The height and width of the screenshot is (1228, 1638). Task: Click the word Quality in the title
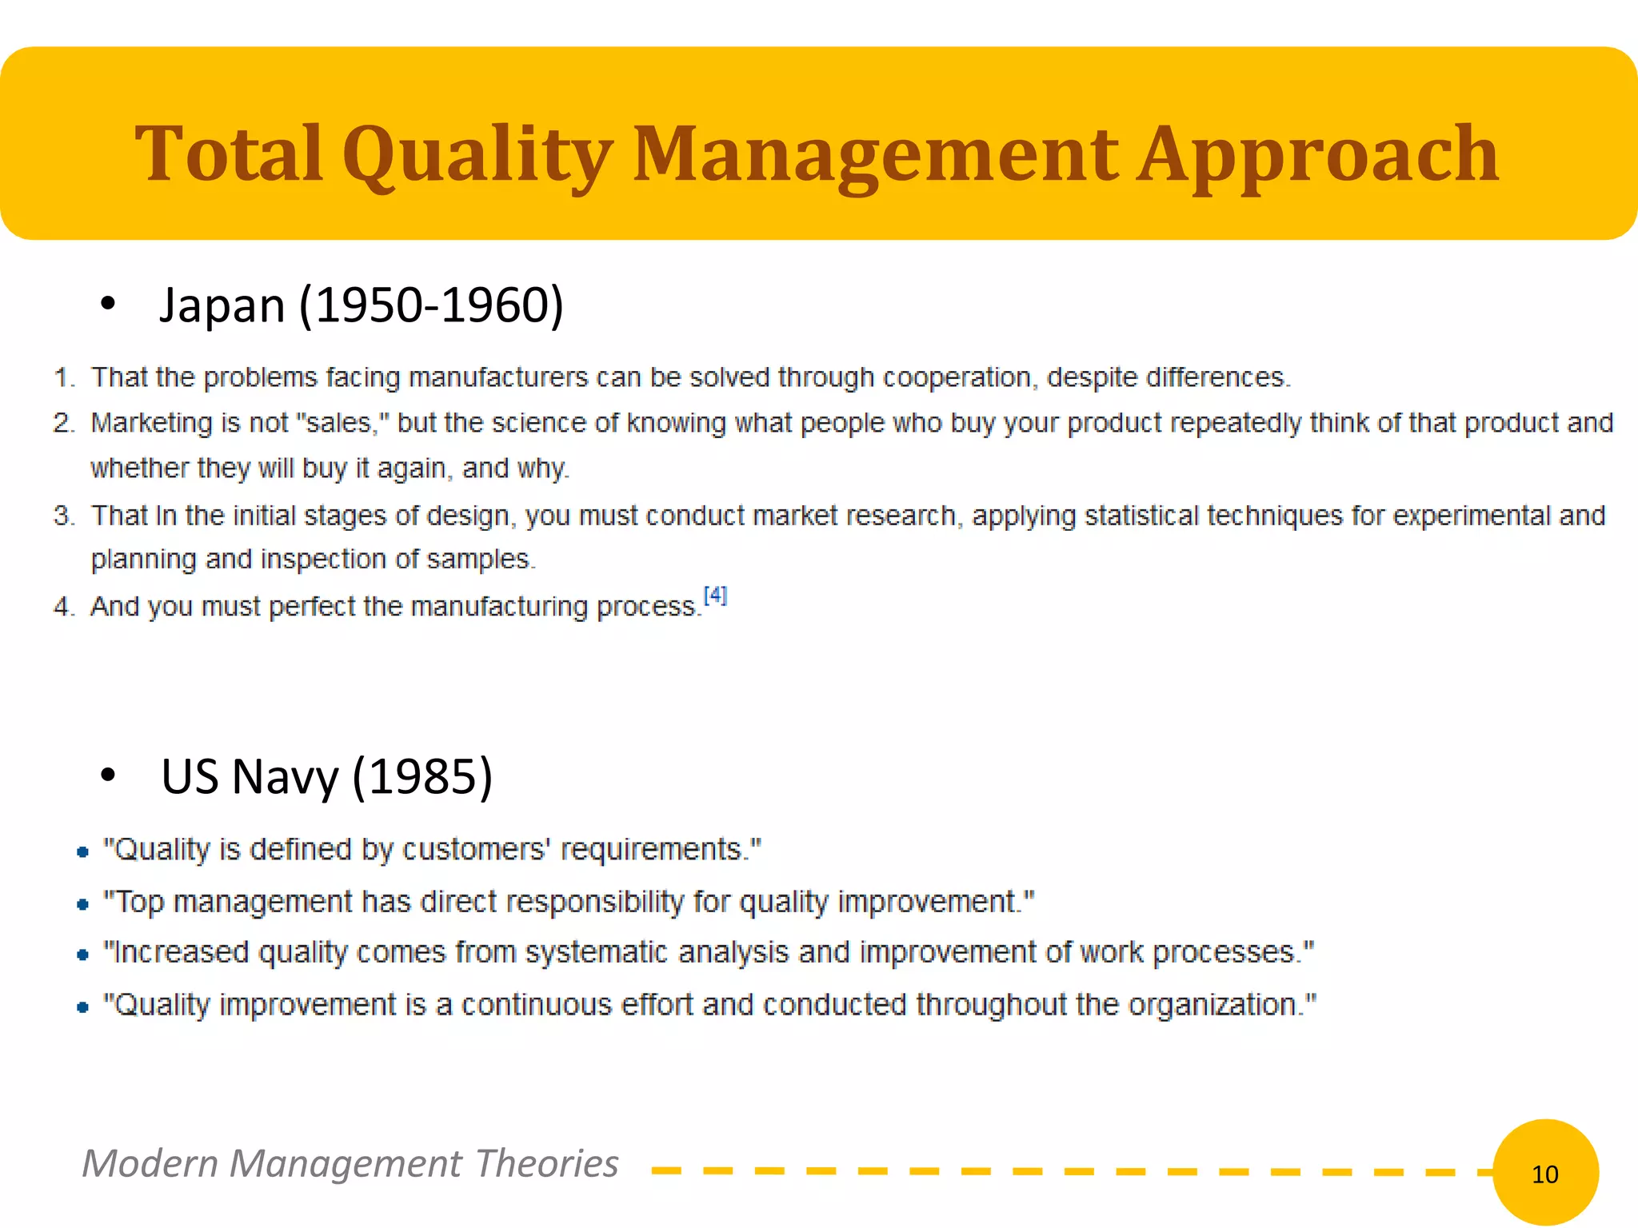click(477, 153)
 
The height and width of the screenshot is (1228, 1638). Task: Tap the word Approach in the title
click(1317, 153)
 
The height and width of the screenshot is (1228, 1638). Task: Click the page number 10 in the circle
click(1544, 1174)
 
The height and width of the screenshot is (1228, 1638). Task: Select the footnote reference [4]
click(715, 596)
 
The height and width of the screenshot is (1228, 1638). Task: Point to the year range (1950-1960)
click(432, 305)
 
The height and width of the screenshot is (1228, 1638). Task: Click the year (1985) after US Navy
click(422, 776)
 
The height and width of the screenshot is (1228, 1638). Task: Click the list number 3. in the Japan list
click(64, 516)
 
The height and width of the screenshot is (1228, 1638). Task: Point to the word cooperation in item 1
click(957, 377)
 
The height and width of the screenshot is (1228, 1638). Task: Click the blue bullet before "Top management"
click(82, 905)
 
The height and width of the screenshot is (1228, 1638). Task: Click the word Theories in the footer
click(546, 1163)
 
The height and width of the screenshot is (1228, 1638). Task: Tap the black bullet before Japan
click(108, 304)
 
